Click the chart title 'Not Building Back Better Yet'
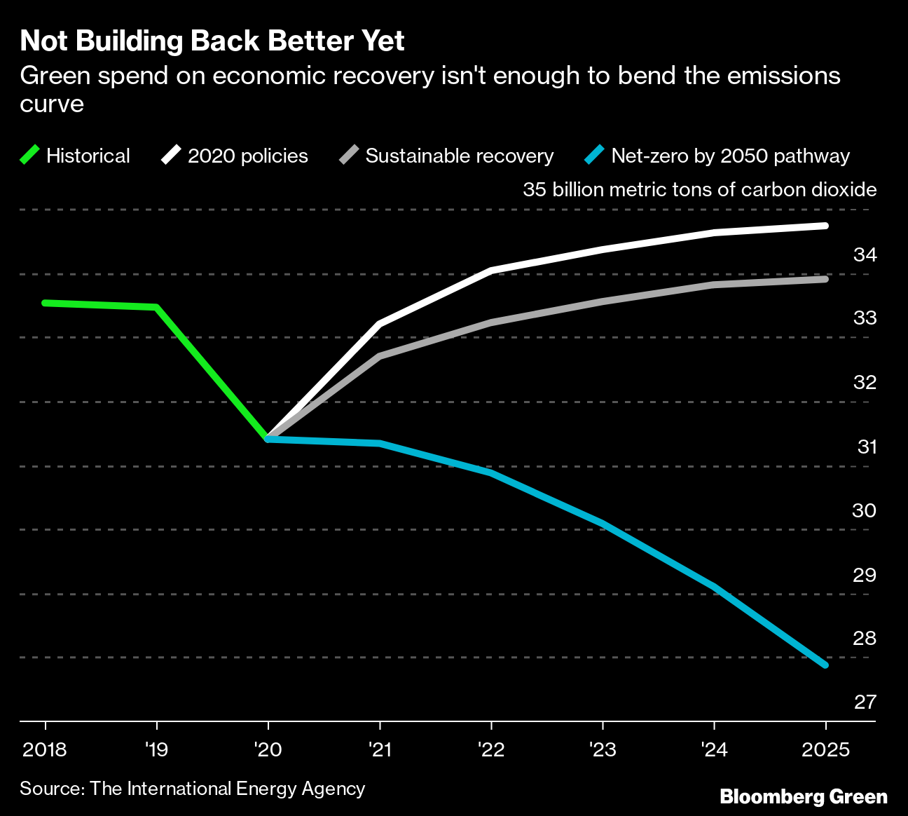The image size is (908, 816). tap(212, 41)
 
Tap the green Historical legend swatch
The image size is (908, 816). tap(31, 155)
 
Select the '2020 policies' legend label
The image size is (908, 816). tap(247, 156)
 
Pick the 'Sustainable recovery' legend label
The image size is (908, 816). tap(459, 156)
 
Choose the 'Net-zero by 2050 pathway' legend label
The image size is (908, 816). tap(730, 156)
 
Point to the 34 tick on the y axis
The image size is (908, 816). tap(865, 254)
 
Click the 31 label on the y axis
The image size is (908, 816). tap(867, 447)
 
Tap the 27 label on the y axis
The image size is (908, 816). tap(865, 702)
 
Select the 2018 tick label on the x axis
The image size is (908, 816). tap(45, 749)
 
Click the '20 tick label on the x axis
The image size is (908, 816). tap(268, 749)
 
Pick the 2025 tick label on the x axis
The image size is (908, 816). tap(825, 749)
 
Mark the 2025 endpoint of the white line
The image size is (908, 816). tap(825, 226)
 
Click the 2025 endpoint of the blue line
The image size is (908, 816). tap(825, 665)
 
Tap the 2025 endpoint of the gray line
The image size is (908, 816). tap(825, 279)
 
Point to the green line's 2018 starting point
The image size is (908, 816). tap(45, 303)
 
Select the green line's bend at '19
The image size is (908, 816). tap(156, 307)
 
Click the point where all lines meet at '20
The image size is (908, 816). tap(268, 439)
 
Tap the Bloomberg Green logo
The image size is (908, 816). tap(804, 797)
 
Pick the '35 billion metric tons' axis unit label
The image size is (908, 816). tap(699, 189)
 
